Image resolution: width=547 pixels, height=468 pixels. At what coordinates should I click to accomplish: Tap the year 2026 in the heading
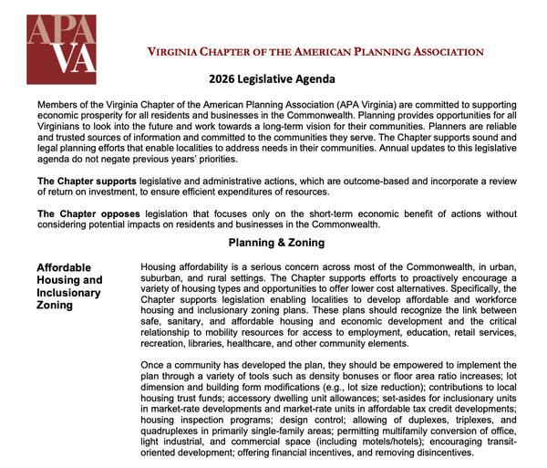[x=222, y=79]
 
